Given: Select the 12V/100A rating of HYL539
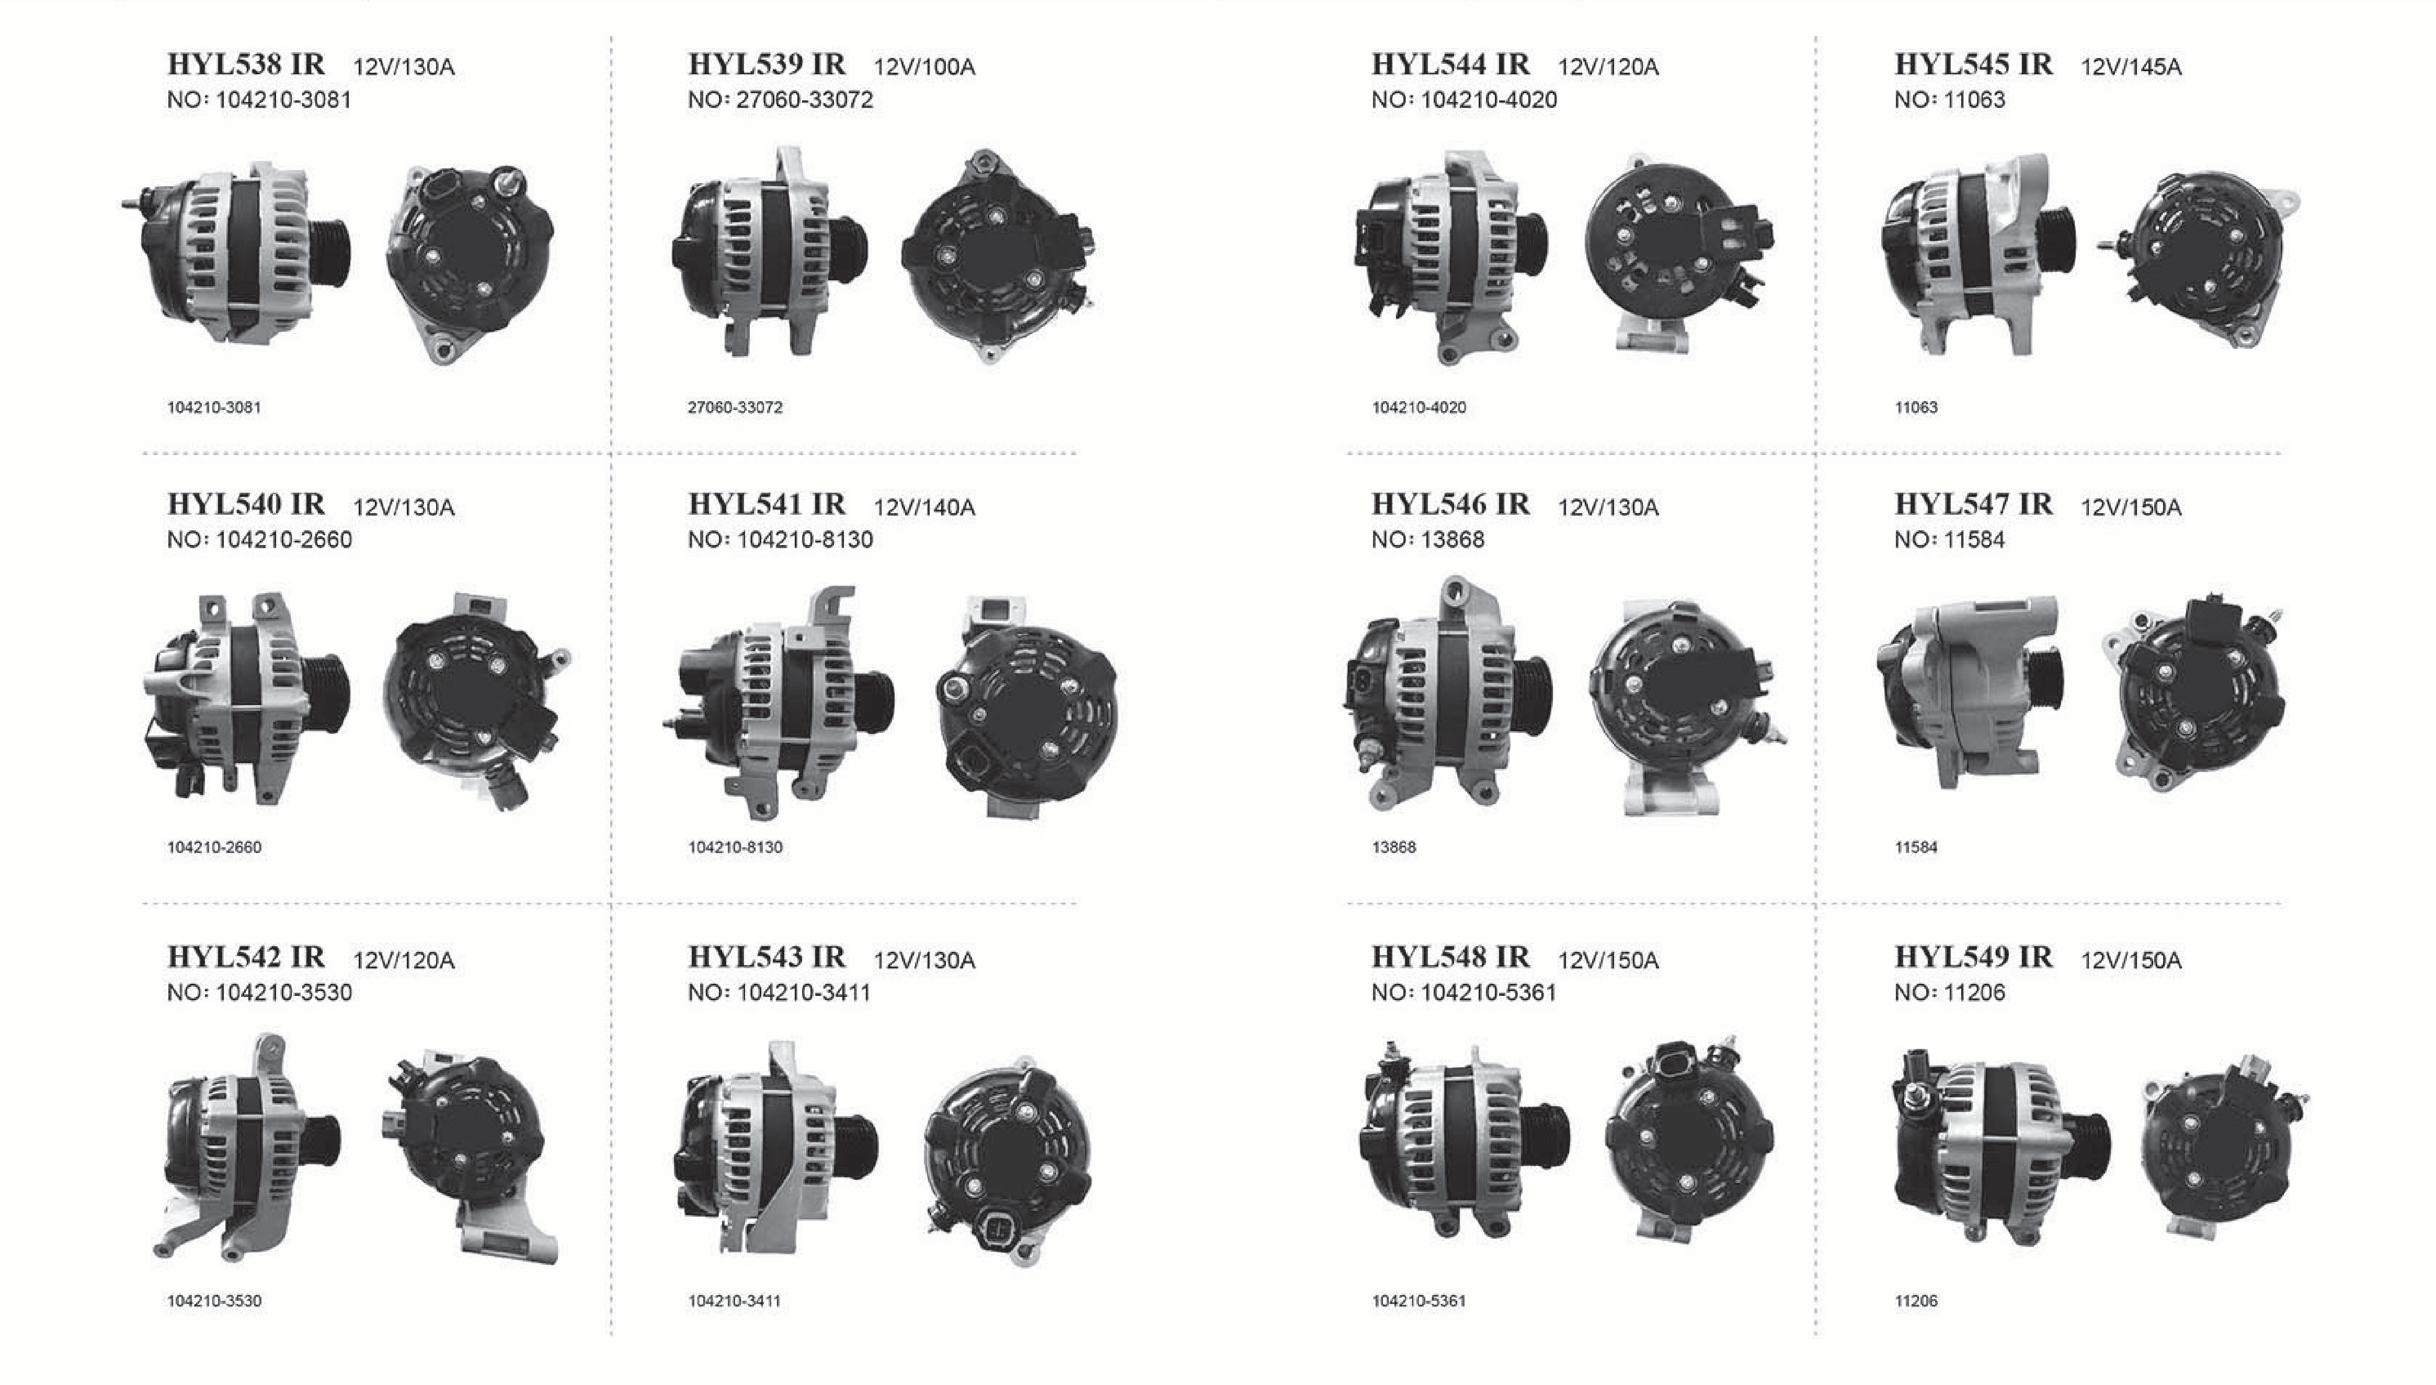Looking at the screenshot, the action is (924, 66).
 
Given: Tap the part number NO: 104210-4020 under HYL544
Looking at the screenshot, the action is (1463, 100).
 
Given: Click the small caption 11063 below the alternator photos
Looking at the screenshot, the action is (1916, 407).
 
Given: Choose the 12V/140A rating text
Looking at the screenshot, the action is (924, 507).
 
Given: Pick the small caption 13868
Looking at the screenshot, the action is (1394, 847).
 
